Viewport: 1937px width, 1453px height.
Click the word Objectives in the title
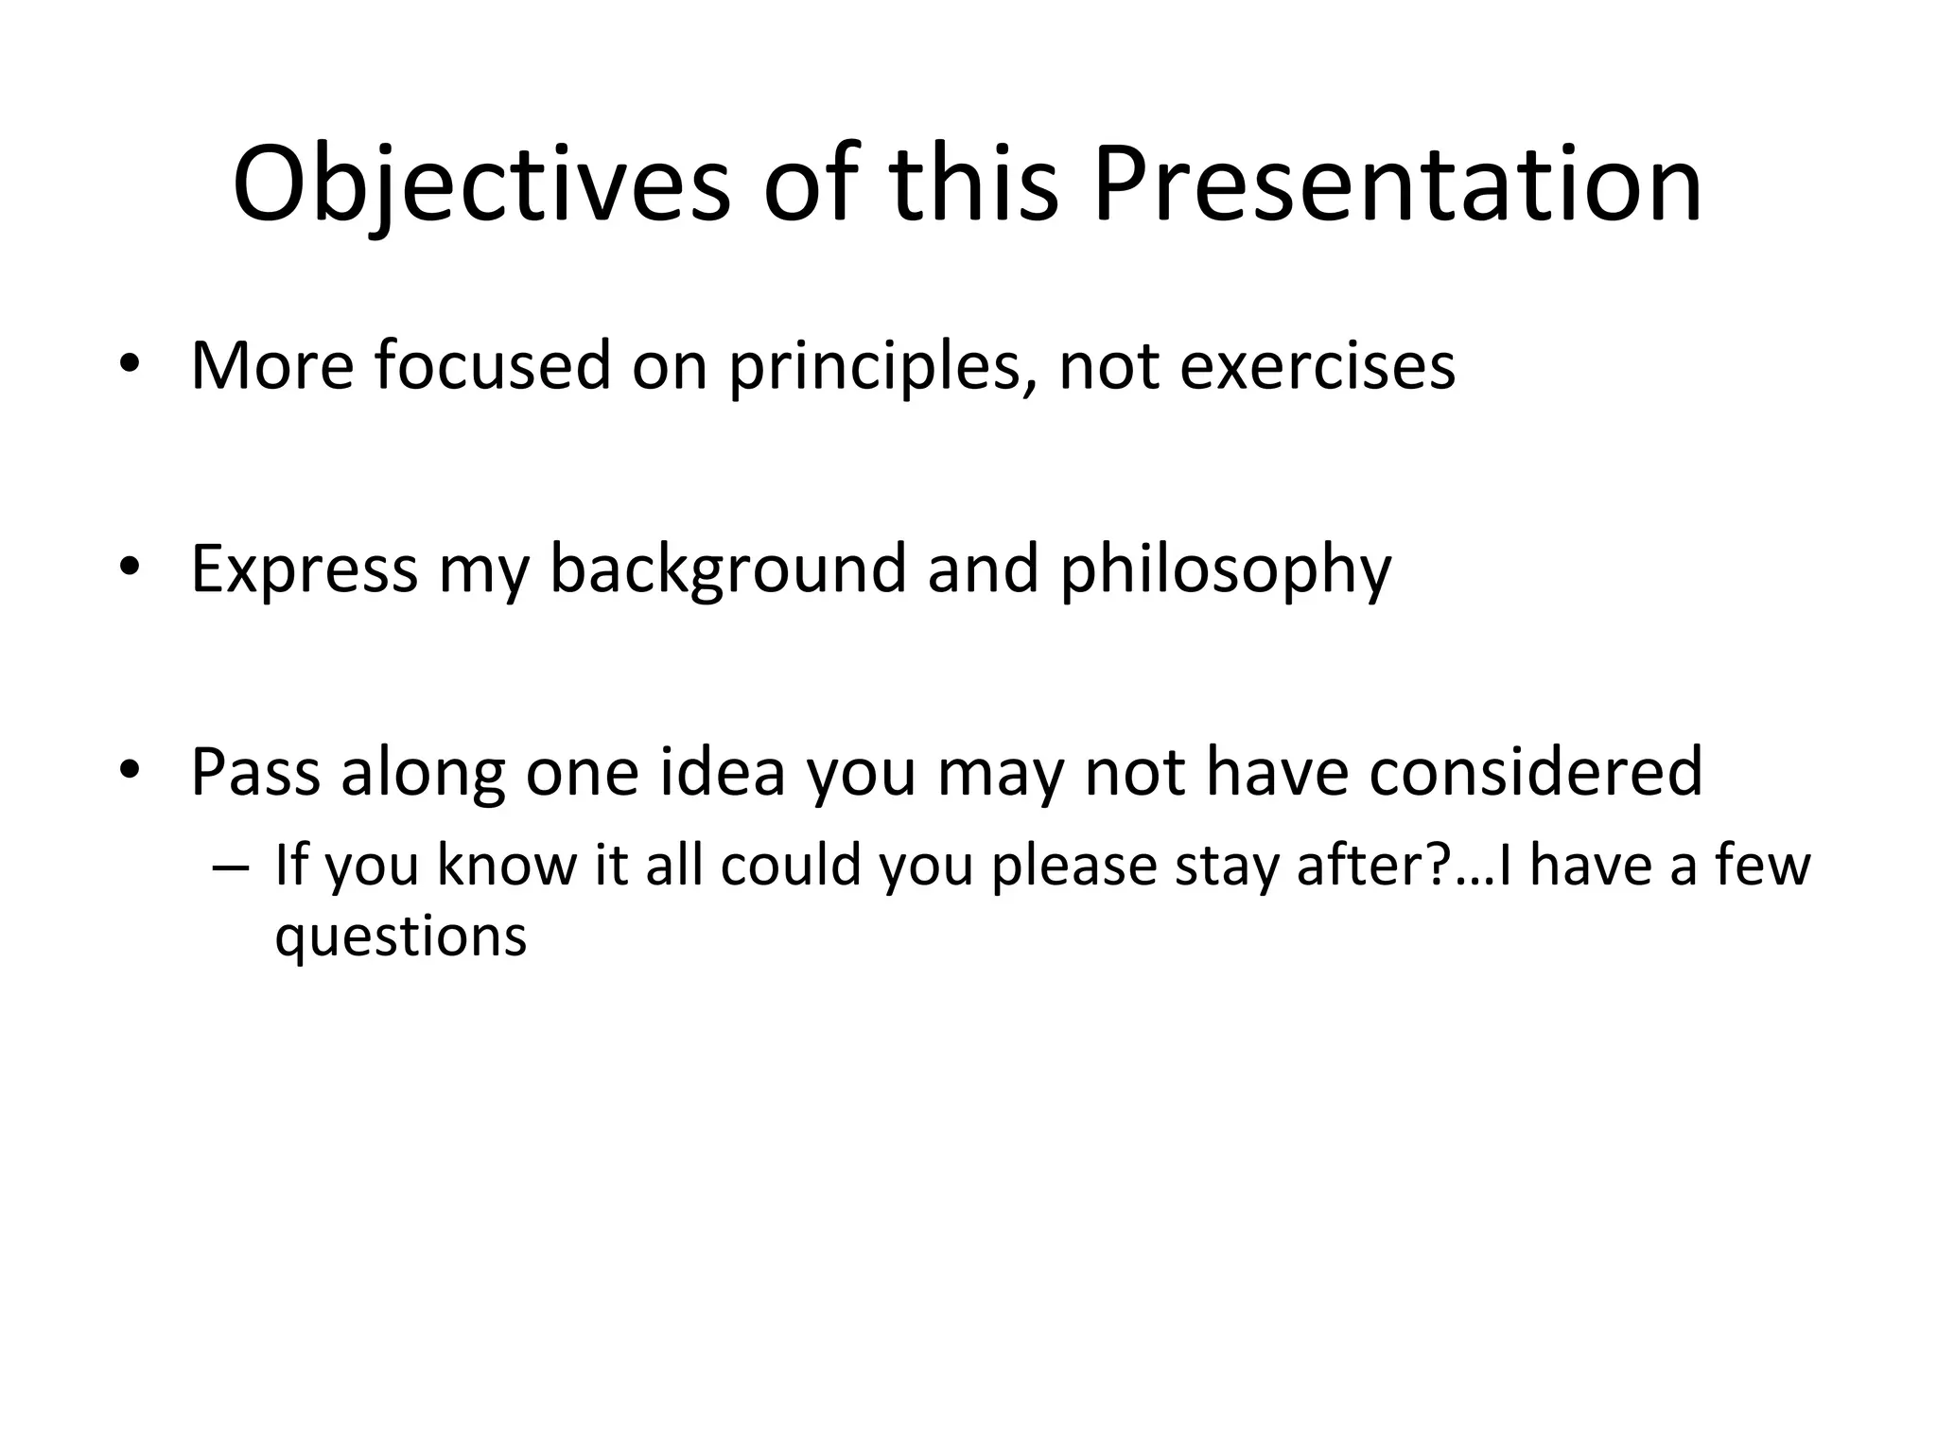[480, 184]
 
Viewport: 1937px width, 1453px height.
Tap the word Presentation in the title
[1397, 184]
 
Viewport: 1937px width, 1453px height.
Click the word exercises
[1317, 366]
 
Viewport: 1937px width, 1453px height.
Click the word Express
[304, 569]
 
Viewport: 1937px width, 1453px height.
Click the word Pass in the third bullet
[254, 773]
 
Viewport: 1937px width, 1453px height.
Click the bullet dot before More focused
[130, 366]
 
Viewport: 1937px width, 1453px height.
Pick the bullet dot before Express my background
[130, 569]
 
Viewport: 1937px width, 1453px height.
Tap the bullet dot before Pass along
[130, 772]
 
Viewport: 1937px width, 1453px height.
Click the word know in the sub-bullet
[506, 866]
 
